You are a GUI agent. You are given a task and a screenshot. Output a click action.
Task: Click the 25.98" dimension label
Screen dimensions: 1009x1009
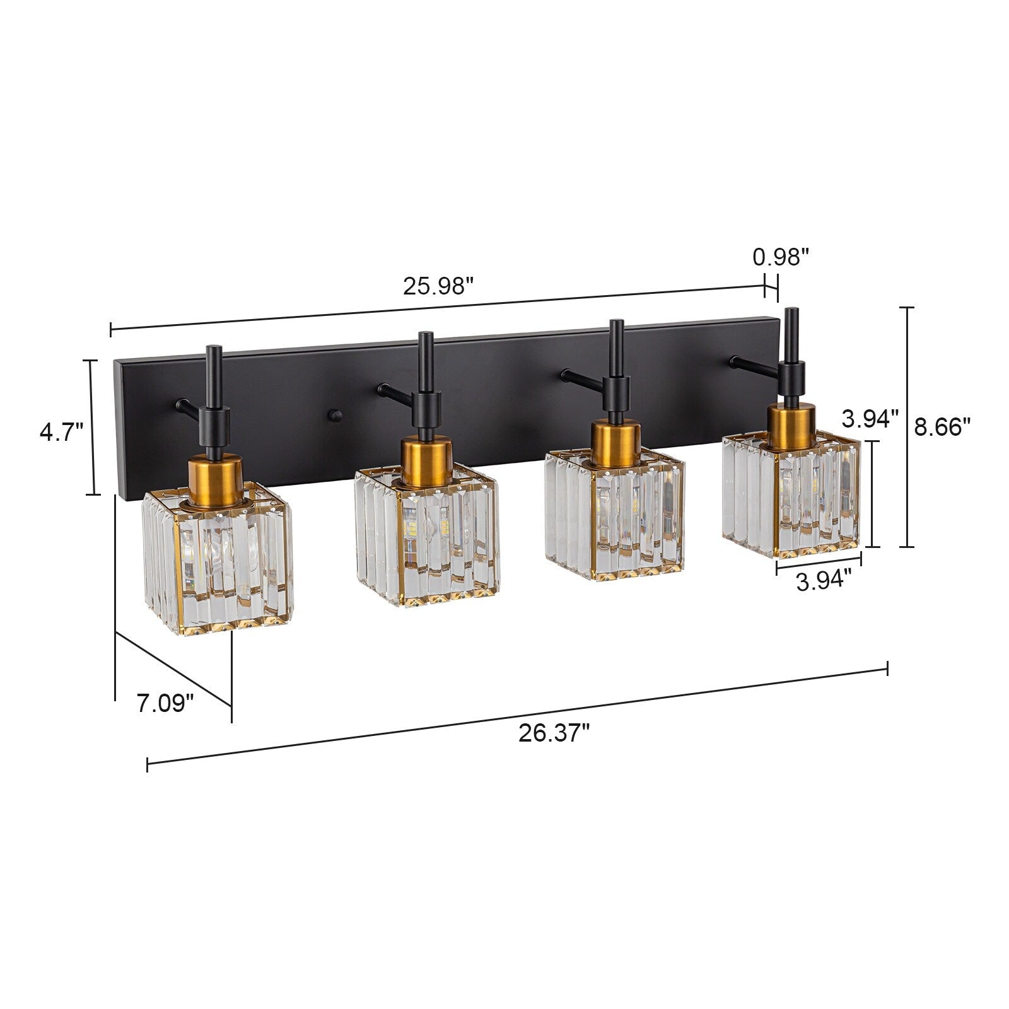click(x=438, y=287)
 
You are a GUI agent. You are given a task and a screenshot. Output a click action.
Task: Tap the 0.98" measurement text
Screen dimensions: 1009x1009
click(x=781, y=257)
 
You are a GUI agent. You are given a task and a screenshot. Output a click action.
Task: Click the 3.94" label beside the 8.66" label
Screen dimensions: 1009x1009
click(x=870, y=418)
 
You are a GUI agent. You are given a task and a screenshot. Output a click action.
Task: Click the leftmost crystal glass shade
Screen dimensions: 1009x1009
click(x=218, y=561)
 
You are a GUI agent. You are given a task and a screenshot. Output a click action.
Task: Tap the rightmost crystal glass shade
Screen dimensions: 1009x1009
click(x=791, y=498)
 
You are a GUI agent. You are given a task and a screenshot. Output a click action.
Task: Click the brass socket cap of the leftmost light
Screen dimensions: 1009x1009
click(x=216, y=479)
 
